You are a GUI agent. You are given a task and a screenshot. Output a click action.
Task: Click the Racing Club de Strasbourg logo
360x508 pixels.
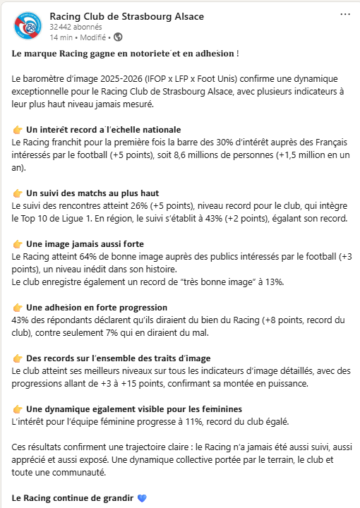click(x=26, y=26)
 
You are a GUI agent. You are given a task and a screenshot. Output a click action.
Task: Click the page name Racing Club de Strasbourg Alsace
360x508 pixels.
click(x=127, y=16)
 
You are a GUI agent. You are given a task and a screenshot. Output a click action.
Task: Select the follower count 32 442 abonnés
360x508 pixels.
click(x=75, y=26)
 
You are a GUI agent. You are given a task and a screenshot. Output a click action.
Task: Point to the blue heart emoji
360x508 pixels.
click(x=141, y=497)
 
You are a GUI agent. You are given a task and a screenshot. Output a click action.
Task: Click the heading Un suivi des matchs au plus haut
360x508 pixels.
click(x=92, y=193)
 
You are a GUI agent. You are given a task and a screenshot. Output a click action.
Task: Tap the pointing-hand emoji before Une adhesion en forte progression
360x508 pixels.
click(x=18, y=308)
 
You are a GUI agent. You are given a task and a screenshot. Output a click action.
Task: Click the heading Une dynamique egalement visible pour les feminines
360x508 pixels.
click(x=134, y=409)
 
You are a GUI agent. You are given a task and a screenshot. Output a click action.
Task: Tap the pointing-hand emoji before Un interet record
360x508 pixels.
click(x=18, y=130)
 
